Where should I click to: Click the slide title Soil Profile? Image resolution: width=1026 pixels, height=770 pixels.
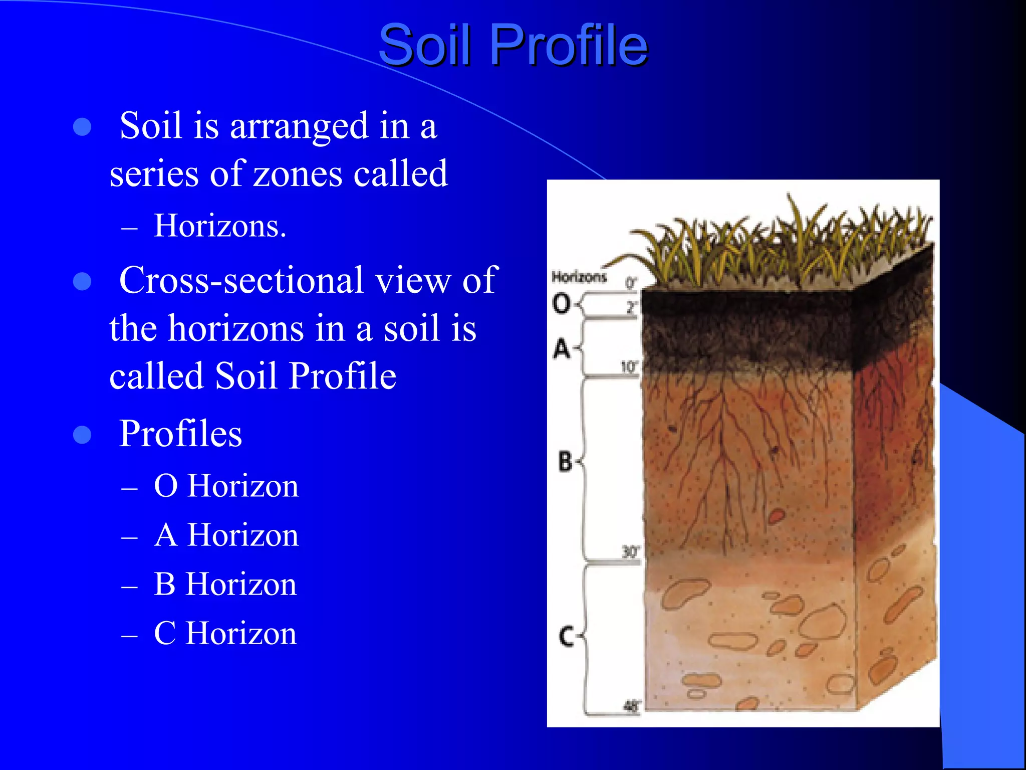pos(513,45)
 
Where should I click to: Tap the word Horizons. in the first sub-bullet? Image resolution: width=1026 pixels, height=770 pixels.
pos(220,226)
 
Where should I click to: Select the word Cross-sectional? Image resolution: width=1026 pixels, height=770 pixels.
pos(241,280)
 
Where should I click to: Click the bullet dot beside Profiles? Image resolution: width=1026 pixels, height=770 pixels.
pos(82,435)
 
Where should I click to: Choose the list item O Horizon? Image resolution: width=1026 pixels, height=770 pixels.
pos(226,486)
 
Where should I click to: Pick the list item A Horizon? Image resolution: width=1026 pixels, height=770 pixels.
pos(226,535)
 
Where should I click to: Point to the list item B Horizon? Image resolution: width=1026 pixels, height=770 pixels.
pos(225,584)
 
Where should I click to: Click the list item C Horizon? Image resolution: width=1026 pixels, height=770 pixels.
pos(225,633)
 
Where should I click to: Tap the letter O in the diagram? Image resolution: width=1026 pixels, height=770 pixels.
pos(561,303)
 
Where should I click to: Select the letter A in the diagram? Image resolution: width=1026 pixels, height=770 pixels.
pos(562,348)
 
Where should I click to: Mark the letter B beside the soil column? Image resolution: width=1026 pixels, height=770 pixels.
pos(565,461)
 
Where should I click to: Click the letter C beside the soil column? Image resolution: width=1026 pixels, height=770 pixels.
pos(566,637)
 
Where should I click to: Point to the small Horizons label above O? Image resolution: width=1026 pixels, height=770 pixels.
pos(579,277)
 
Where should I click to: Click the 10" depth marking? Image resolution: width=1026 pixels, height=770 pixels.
pos(629,367)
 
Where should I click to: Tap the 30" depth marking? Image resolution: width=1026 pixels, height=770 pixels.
pos(630,552)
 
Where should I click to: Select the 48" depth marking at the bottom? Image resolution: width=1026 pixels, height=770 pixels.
pos(631,706)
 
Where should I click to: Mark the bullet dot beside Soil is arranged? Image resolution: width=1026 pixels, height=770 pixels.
pos(82,127)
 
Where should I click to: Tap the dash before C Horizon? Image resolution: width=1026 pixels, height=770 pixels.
pos(129,636)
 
